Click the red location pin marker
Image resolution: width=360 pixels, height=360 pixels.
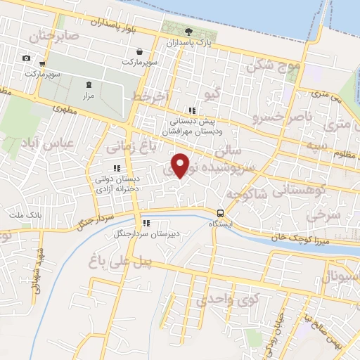(x=181, y=165)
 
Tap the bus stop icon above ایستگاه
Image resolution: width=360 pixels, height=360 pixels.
(x=221, y=213)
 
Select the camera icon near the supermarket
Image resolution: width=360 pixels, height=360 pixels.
(x=26, y=58)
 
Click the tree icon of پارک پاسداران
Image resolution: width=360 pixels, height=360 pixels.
(x=188, y=31)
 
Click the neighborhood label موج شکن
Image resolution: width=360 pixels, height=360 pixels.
(x=274, y=66)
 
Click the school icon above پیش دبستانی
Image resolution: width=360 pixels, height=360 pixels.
(x=191, y=110)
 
